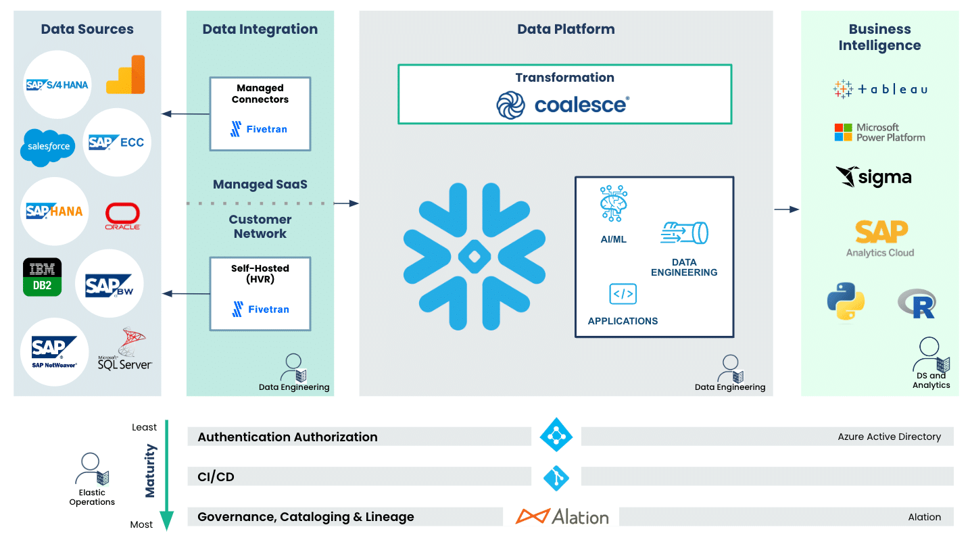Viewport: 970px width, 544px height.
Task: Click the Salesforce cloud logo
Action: [x=47, y=147]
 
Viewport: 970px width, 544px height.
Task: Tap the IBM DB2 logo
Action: [x=43, y=277]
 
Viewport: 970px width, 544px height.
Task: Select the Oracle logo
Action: [x=122, y=216]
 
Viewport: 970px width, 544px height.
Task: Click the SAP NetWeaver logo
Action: [x=54, y=352]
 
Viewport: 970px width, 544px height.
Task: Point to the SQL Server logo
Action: [x=124, y=349]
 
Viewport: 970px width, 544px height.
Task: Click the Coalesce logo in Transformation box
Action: [x=563, y=105]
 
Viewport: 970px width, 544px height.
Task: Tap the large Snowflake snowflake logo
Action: [x=474, y=257]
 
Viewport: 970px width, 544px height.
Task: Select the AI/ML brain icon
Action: [x=614, y=203]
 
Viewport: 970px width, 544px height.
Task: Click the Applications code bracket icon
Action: [x=623, y=294]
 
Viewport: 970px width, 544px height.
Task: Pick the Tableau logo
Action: [x=880, y=90]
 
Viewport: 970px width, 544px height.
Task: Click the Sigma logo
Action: [x=873, y=177]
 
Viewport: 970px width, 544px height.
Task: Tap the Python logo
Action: [x=846, y=301]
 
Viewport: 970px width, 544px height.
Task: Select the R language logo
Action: [x=917, y=303]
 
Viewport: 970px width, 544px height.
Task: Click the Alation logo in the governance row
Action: [x=562, y=517]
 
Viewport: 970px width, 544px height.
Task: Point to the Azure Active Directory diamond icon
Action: [x=556, y=435]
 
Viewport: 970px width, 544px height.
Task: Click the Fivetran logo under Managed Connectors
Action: [x=258, y=129]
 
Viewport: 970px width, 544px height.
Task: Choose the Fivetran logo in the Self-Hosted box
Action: [x=260, y=309]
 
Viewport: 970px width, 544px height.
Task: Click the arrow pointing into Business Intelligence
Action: [x=787, y=209]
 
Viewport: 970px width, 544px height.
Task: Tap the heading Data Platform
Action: [x=566, y=29]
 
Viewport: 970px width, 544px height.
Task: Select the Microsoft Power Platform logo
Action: [x=880, y=132]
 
